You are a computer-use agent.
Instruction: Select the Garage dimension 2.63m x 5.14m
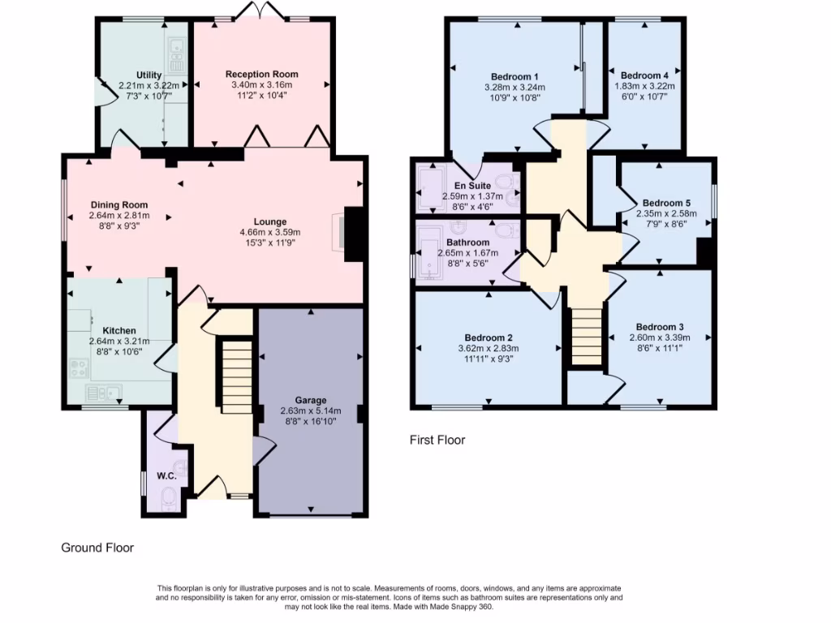pos(310,410)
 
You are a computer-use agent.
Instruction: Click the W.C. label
pos(166,476)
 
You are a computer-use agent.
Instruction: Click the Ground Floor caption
pos(97,548)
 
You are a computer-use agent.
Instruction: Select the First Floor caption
pos(437,440)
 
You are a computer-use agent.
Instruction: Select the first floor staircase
pos(585,337)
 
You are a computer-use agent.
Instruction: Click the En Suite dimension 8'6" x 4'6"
pos(466,207)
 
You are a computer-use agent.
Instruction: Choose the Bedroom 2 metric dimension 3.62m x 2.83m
pos(489,348)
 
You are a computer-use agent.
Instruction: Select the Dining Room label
pos(118,205)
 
